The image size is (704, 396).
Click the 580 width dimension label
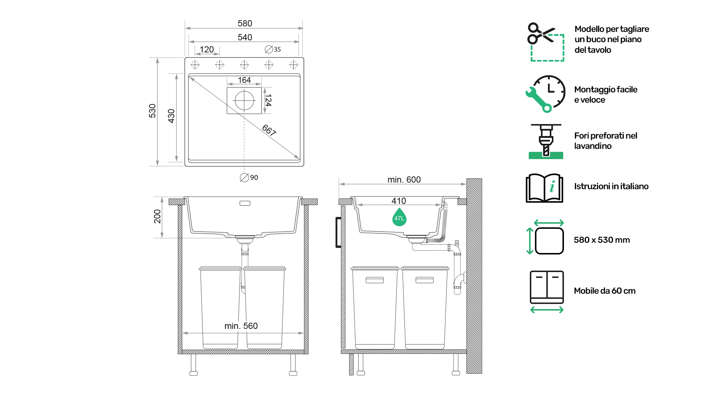point(245,23)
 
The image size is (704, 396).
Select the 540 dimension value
point(245,37)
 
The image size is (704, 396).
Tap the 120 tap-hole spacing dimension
point(207,49)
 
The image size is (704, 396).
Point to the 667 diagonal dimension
point(269,130)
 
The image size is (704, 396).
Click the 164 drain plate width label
point(244,80)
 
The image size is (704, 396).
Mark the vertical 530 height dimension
point(153,111)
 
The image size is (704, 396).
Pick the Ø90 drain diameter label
point(249,177)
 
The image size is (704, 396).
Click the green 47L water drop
point(399,217)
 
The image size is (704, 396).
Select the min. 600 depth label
point(404,180)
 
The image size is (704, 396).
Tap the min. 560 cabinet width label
point(241,326)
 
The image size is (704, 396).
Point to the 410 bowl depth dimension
point(399,201)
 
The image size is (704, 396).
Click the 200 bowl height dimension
point(157,216)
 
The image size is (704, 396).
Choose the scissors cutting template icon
point(546,42)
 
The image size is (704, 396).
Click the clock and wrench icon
point(546,94)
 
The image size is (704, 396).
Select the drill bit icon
point(546,141)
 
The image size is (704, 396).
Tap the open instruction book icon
point(544,188)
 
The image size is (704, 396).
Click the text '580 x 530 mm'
point(602,240)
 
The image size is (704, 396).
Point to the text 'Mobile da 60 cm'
point(605,291)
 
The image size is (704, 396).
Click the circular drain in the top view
point(244,100)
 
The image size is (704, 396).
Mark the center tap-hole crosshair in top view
point(244,65)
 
